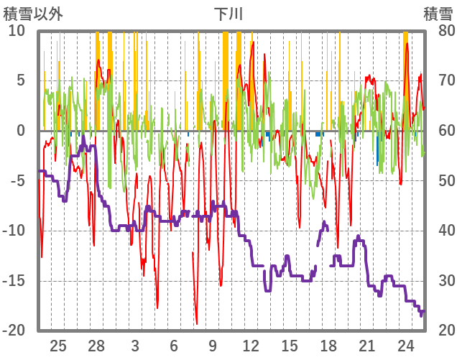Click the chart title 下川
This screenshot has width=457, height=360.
(228, 13)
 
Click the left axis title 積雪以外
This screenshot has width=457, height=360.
(33, 13)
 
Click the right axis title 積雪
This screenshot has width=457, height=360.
(438, 13)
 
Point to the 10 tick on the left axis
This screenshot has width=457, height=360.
(17, 31)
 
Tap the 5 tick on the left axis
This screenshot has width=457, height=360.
(21, 80)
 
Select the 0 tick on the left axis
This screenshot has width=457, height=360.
(21, 131)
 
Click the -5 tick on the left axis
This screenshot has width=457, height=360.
(17, 180)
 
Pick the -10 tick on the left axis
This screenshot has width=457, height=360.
(14, 231)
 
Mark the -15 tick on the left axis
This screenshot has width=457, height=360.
(14, 280)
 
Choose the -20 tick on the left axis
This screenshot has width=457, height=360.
(14, 331)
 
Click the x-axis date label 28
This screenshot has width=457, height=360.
(97, 345)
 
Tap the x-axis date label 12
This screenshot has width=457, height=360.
(251, 345)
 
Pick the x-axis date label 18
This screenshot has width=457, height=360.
(328, 345)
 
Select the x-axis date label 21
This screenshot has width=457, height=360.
(366, 345)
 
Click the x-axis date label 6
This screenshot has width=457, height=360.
(174, 345)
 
